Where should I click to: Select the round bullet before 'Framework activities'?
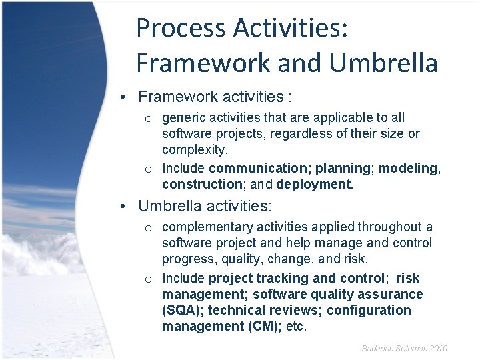pyautogui.click(x=125, y=97)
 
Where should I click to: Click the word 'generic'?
pyautogui.click(x=184, y=118)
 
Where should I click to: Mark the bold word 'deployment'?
pyautogui.click(x=315, y=184)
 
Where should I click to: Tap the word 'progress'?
pyautogui.click(x=186, y=259)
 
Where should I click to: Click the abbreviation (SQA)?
pyautogui.click(x=183, y=310)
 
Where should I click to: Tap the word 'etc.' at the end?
pyautogui.click(x=296, y=326)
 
